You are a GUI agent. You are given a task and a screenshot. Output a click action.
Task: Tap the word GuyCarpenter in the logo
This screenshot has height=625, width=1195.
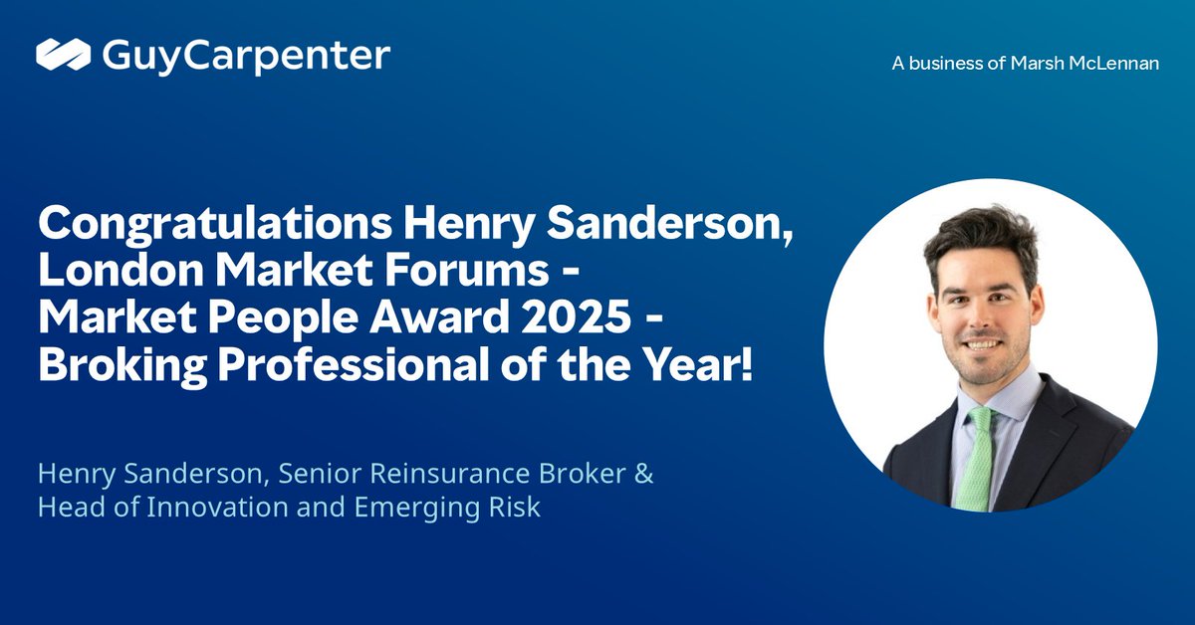click(x=246, y=56)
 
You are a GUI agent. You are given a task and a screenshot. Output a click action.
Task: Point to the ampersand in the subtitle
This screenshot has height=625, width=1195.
click(x=643, y=474)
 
